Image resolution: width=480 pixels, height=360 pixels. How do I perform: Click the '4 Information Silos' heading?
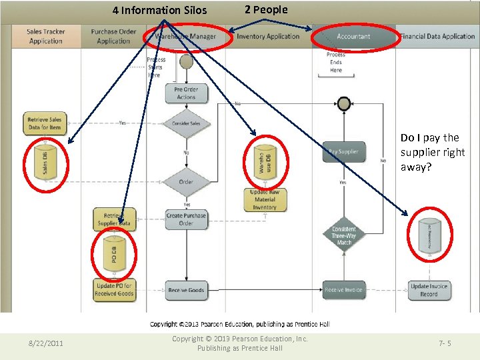tap(159, 10)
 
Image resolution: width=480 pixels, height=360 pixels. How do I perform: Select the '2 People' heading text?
tap(266, 9)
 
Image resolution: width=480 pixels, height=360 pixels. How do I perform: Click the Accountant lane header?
tap(353, 37)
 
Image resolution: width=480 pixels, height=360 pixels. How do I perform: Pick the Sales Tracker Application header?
tap(45, 36)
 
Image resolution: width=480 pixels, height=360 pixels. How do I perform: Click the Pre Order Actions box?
tap(186, 93)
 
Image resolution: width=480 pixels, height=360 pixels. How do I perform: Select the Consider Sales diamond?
tap(186, 123)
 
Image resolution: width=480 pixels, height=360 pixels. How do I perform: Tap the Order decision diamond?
tap(186, 181)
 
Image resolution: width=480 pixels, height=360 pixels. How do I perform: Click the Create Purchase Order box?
tap(186, 219)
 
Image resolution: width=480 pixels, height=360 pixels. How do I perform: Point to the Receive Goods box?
tap(186, 290)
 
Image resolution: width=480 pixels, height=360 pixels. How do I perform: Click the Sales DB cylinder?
tap(46, 161)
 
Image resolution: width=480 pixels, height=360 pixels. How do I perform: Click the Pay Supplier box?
tap(344, 152)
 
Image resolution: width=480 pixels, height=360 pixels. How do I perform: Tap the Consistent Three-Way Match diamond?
tap(344, 235)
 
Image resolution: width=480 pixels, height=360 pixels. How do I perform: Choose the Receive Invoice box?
tap(344, 290)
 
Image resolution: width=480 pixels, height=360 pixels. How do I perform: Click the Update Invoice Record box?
tap(429, 290)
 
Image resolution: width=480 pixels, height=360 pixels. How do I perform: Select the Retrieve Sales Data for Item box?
tap(45, 123)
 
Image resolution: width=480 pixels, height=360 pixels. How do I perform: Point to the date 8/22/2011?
tap(46, 343)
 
